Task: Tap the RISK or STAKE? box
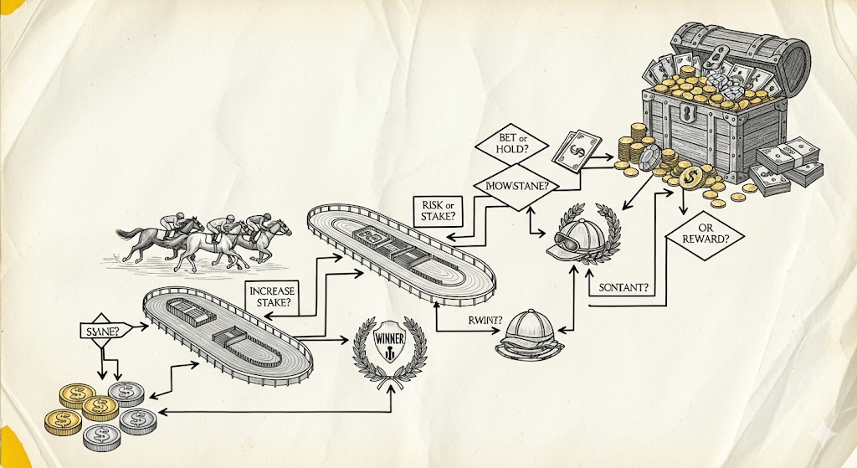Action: click(435, 209)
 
